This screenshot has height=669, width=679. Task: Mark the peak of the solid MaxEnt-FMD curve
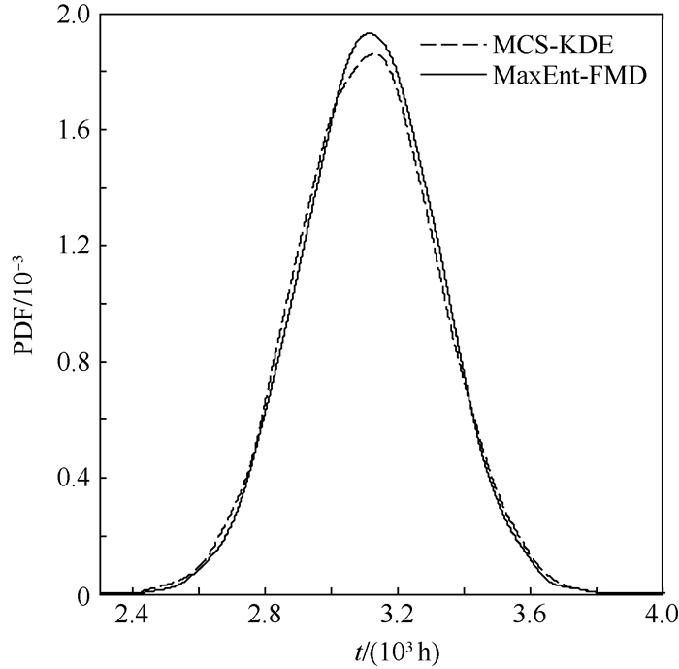coord(370,33)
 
